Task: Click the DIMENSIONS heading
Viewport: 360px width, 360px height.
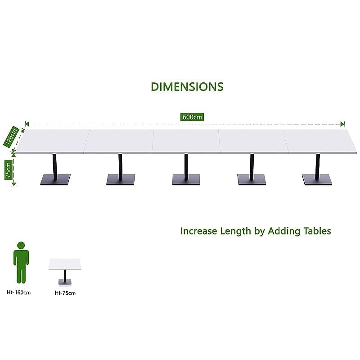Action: pos(187,87)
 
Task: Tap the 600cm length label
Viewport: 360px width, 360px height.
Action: pos(192,117)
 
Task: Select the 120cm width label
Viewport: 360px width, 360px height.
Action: pos(11,136)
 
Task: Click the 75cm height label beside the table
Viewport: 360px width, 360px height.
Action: pos(8,170)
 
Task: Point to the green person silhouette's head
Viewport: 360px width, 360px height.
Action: pos(21,245)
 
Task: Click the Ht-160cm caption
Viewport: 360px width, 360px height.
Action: pos(18,292)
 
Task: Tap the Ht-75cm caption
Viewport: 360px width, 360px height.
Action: pos(65,293)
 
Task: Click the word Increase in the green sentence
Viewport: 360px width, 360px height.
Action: pos(198,231)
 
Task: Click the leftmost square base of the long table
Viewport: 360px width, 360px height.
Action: pos(55,179)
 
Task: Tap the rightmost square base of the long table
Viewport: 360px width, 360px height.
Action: pos(317,179)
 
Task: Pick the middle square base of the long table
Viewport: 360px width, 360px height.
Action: pos(186,179)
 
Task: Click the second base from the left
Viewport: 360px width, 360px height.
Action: pos(121,179)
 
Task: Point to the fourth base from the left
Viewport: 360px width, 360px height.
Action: pos(252,179)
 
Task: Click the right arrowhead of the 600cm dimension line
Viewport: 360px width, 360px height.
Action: pos(342,124)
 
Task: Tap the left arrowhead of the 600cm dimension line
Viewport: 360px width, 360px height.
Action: pos(27,124)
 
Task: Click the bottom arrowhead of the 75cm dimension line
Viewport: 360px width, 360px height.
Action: pos(14,184)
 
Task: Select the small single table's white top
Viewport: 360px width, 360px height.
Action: pos(65,264)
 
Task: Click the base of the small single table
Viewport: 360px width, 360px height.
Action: pos(65,282)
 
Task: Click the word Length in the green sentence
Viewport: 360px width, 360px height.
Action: pos(235,231)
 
